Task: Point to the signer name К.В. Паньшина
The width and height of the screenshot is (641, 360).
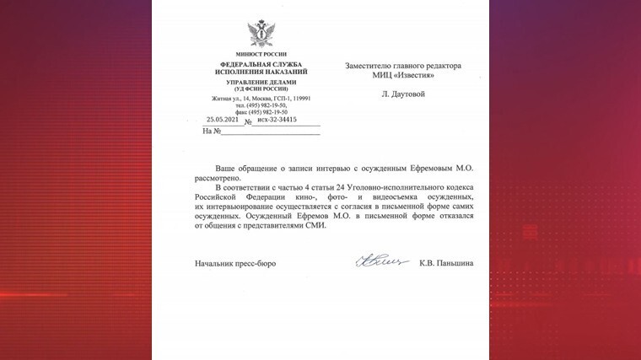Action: (446, 263)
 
